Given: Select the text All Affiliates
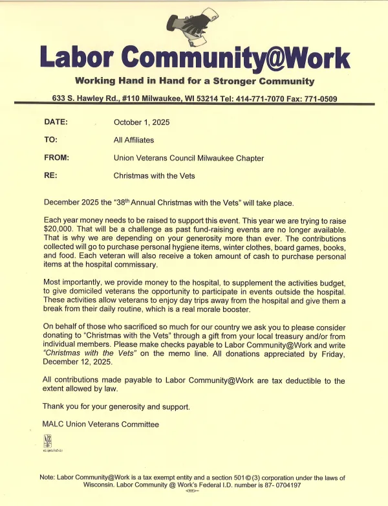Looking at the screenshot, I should click(x=133, y=140).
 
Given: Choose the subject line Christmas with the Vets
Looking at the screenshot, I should click(x=154, y=175).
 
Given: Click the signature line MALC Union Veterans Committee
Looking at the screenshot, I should click(x=100, y=424).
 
